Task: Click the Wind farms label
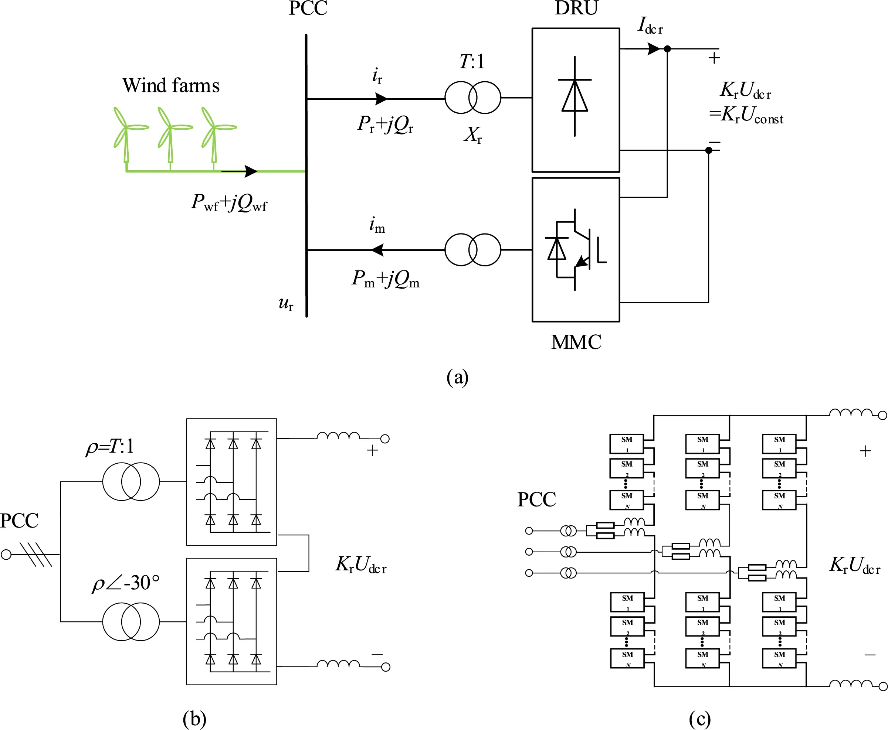pyautogui.click(x=170, y=85)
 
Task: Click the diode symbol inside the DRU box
pyautogui.click(x=575, y=96)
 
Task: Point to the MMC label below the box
pyautogui.click(x=576, y=342)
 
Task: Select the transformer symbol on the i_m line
pyautogui.click(x=472, y=250)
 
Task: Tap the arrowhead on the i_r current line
pyautogui.click(x=381, y=99)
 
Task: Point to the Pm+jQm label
pyautogui.click(x=386, y=279)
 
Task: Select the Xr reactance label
pyautogui.click(x=472, y=135)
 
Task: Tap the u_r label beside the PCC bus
pyautogui.click(x=286, y=303)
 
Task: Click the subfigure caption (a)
pyautogui.click(x=457, y=377)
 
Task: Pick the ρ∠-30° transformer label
pyautogui.click(x=125, y=583)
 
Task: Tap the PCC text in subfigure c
pyautogui.click(x=536, y=499)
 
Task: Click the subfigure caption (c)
pyautogui.click(x=699, y=719)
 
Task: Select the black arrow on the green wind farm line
pyautogui.click(x=250, y=171)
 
